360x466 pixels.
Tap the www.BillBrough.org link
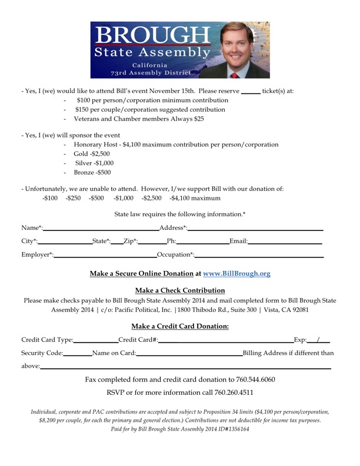pos(236,274)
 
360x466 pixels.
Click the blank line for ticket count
pos(251,92)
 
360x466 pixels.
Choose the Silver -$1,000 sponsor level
pos(95,163)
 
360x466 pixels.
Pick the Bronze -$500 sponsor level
pos(92,173)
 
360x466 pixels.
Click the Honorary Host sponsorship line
pos(176,144)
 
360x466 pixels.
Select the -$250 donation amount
pos(74,198)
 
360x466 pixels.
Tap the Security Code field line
pos(77,354)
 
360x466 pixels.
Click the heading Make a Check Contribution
pos(180,290)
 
